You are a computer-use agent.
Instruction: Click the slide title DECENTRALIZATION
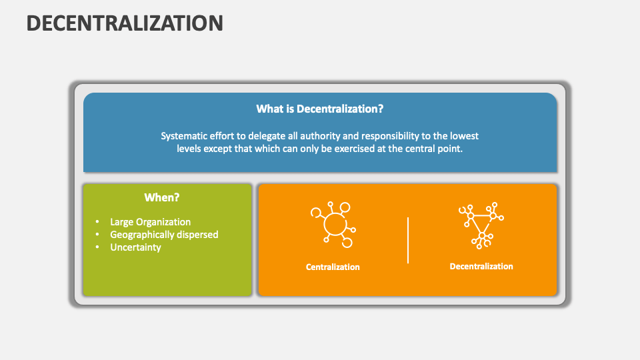point(125,23)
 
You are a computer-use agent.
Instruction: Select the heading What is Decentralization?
point(320,109)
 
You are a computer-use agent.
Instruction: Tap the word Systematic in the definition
point(183,136)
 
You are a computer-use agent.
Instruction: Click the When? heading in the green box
point(162,197)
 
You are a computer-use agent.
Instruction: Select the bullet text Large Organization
point(150,222)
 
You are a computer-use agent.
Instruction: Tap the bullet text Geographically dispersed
point(164,235)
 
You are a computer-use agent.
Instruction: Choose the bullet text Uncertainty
point(135,247)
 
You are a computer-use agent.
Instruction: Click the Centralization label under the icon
point(333,267)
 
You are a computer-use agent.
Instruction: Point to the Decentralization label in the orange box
point(481,266)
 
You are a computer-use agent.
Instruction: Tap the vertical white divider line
point(408,239)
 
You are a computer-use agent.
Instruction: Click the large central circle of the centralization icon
point(334,225)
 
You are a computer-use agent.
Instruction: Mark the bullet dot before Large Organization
point(97,222)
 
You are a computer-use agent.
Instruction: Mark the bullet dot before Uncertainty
point(97,247)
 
